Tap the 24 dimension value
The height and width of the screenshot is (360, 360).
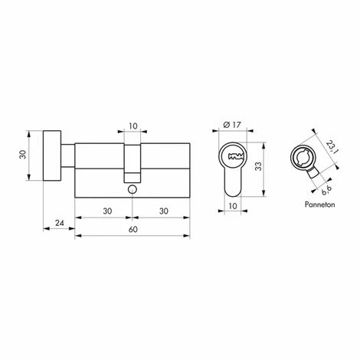point(60,224)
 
